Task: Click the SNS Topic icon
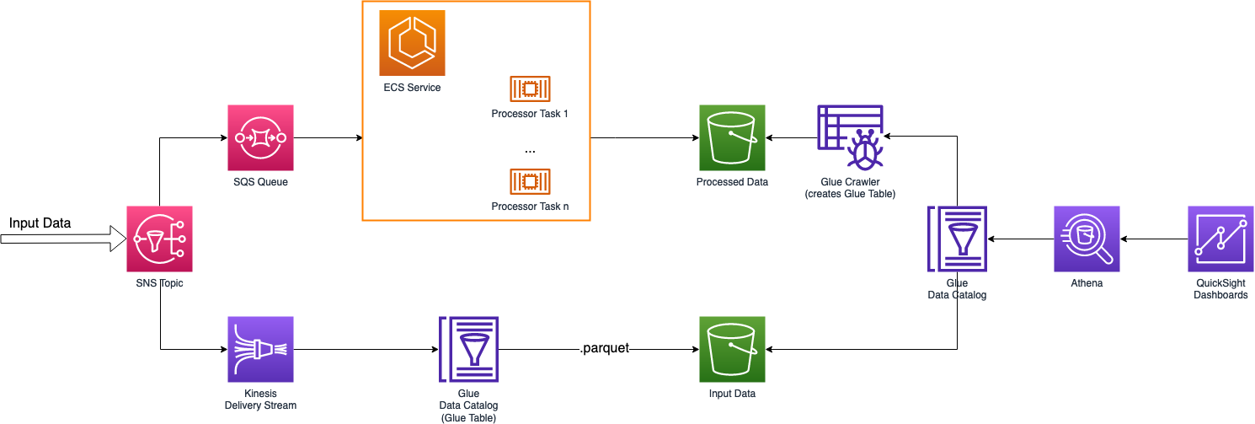click(x=159, y=239)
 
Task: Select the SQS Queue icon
click(x=260, y=137)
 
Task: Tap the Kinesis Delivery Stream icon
click(x=260, y=349)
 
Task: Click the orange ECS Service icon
click(x=412, y=43)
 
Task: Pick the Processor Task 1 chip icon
click(x=530, y=89)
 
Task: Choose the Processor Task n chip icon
click(x=530, y=181)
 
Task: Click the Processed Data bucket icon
click(x=732, y=137)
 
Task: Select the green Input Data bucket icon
click(x=732, y=349)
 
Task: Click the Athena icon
click(x=1087, y=239)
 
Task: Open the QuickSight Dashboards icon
click(x=1220, y=239)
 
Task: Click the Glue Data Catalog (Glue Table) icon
click(x=468, y=349)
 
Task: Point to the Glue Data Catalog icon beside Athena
click(x=957, y=239)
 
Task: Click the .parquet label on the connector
click(x=605, y=348)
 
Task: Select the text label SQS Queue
click(x=260, y=181)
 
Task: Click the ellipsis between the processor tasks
click(x=530, y=149)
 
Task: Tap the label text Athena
click(x=1087, y=283)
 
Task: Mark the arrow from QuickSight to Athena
click(x=1154, y=239)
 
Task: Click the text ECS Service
click(x=412, y=88)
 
